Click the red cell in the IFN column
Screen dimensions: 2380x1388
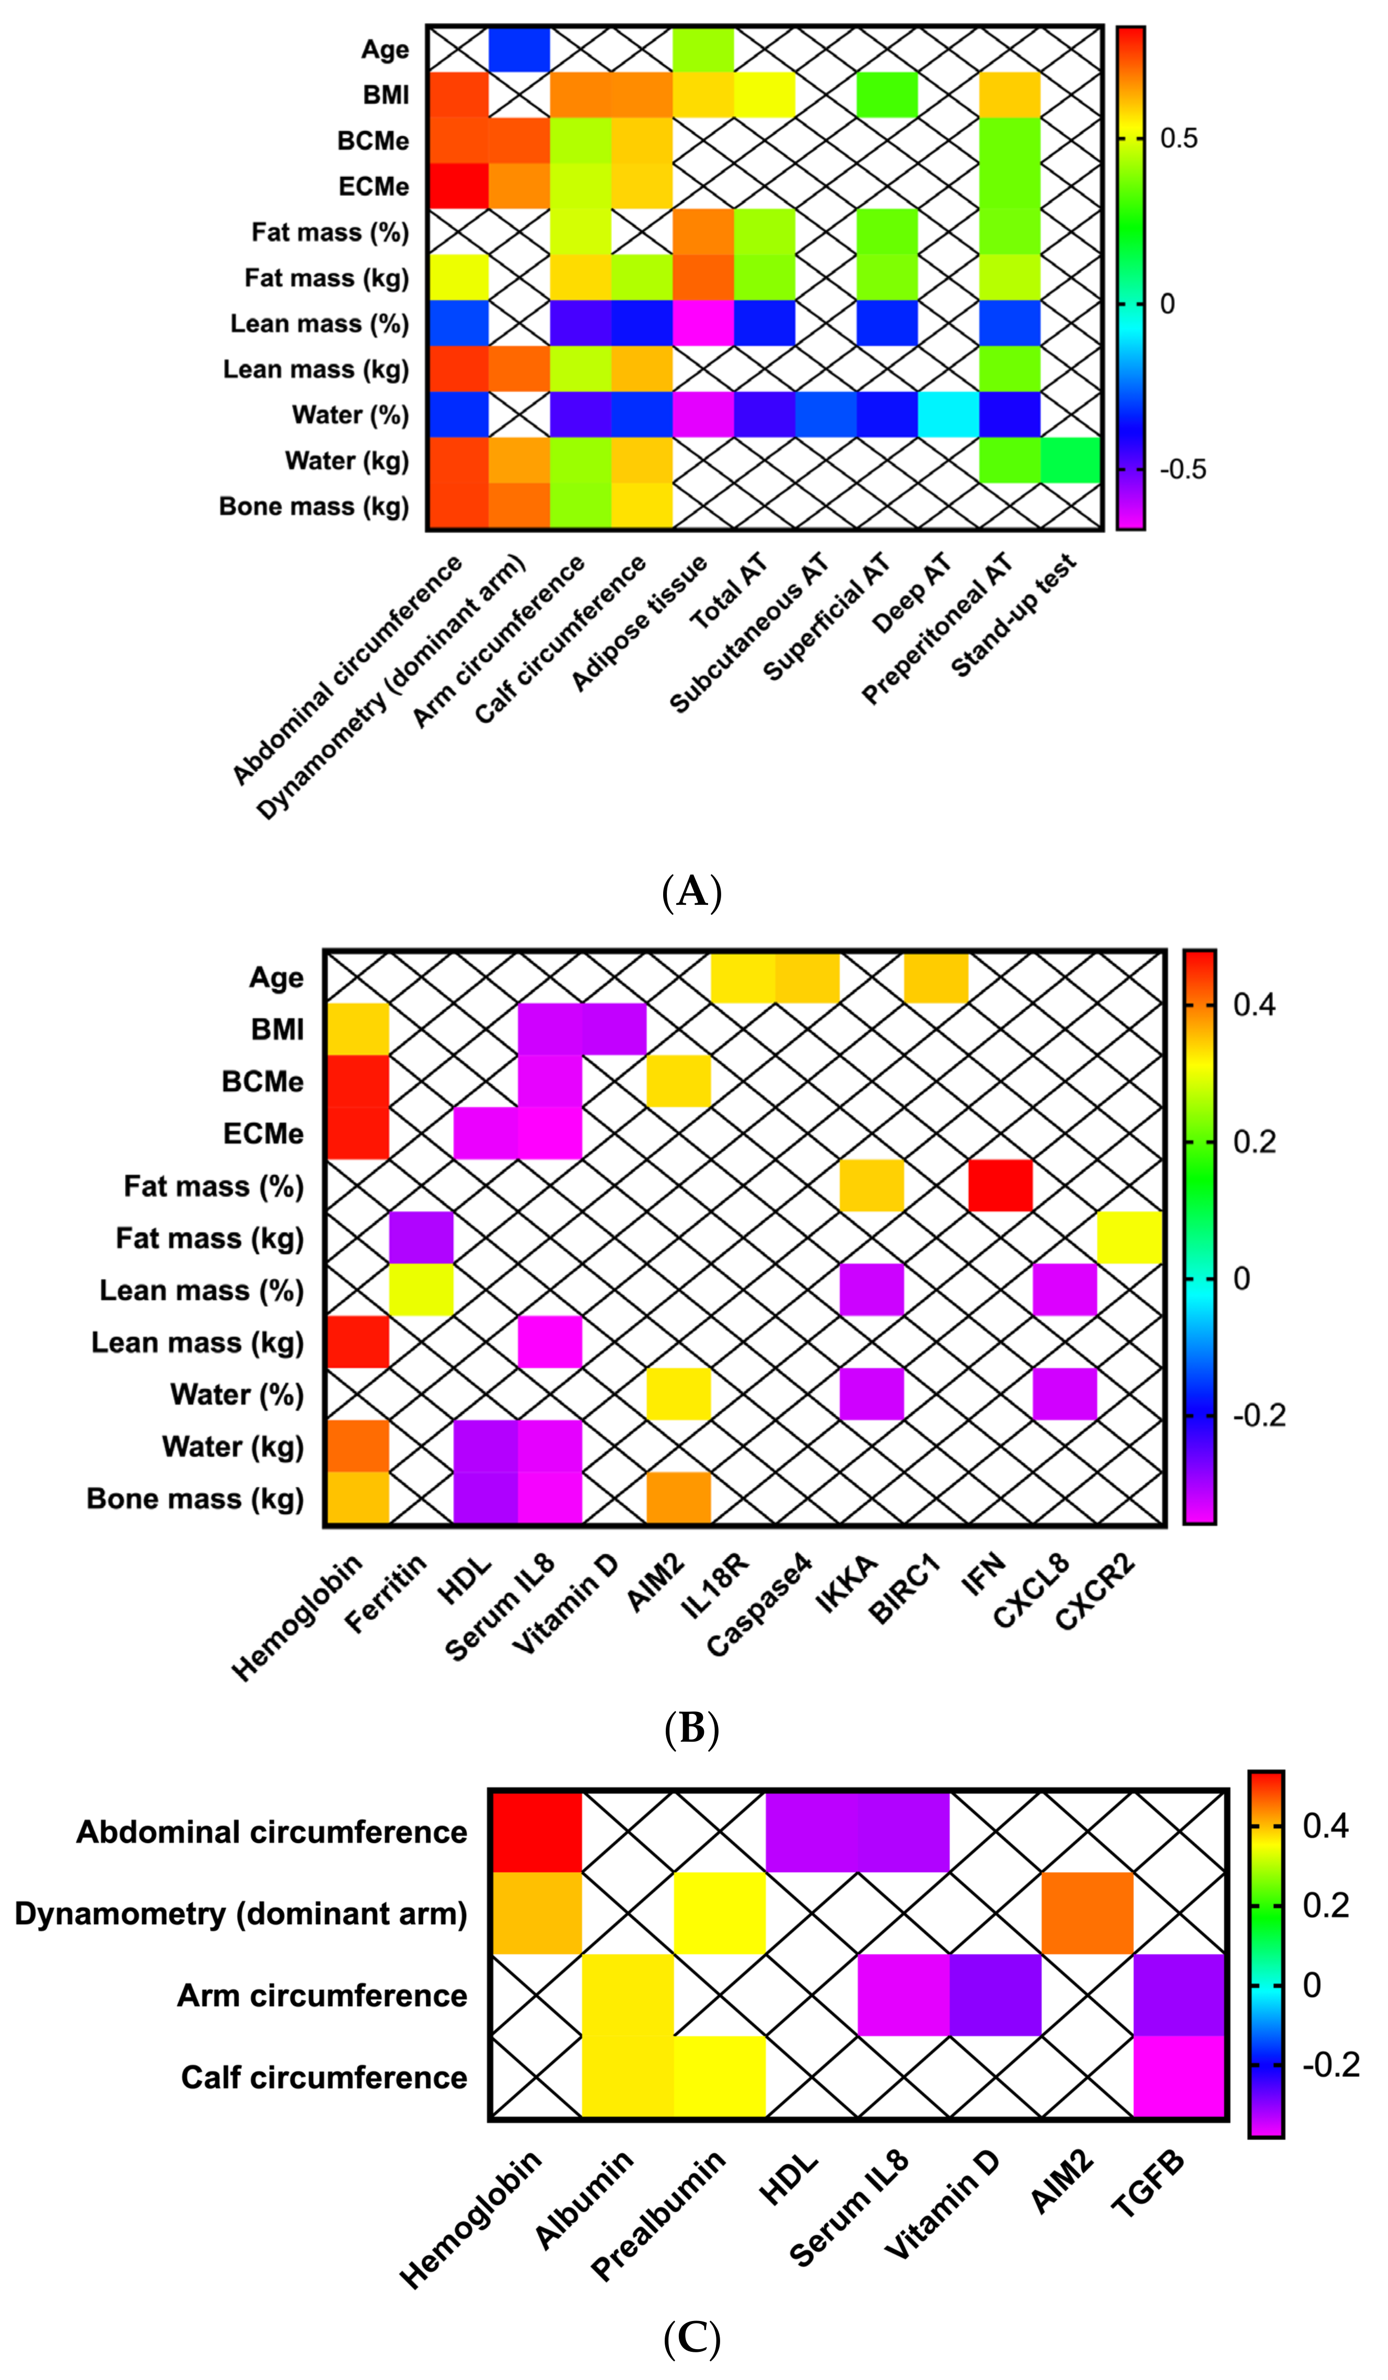point(1000,1185)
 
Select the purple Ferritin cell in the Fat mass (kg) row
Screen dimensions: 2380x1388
point(421,1237)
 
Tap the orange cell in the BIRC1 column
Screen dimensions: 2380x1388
point(935,977)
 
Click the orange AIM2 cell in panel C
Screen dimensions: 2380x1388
point(1088,1914)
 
